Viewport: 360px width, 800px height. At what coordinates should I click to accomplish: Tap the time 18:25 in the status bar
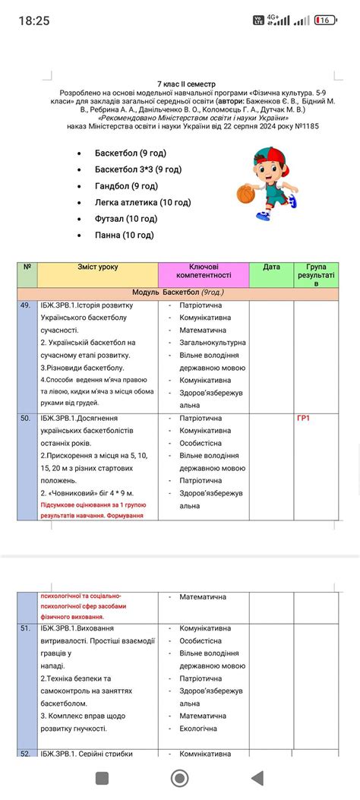[34, 21]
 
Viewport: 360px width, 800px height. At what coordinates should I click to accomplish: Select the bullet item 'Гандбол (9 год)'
[126, 186]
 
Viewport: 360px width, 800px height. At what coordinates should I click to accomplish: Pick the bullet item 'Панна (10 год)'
[124, 235]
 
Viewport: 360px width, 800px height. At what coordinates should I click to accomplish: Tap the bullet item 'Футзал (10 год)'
[125, 219]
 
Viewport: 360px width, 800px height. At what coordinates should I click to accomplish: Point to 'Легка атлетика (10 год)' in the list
[143, 202]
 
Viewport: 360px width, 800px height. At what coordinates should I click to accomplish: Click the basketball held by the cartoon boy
[245, 194]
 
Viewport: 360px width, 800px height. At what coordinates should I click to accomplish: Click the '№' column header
[27, 267]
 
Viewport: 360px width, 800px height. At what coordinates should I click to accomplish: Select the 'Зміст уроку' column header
[97, 267]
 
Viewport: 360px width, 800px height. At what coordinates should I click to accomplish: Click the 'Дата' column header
[271, 267]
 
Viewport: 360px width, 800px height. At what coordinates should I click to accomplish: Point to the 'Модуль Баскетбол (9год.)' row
[178, 292]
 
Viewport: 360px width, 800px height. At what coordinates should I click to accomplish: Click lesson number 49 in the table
[27, 305]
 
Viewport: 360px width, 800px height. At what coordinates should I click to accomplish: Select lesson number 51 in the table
[27, 629]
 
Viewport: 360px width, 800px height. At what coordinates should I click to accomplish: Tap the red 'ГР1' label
[304, 419]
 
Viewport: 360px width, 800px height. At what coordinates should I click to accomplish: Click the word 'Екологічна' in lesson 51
[197, 729]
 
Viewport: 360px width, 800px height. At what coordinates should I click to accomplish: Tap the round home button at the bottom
[180, 777]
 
